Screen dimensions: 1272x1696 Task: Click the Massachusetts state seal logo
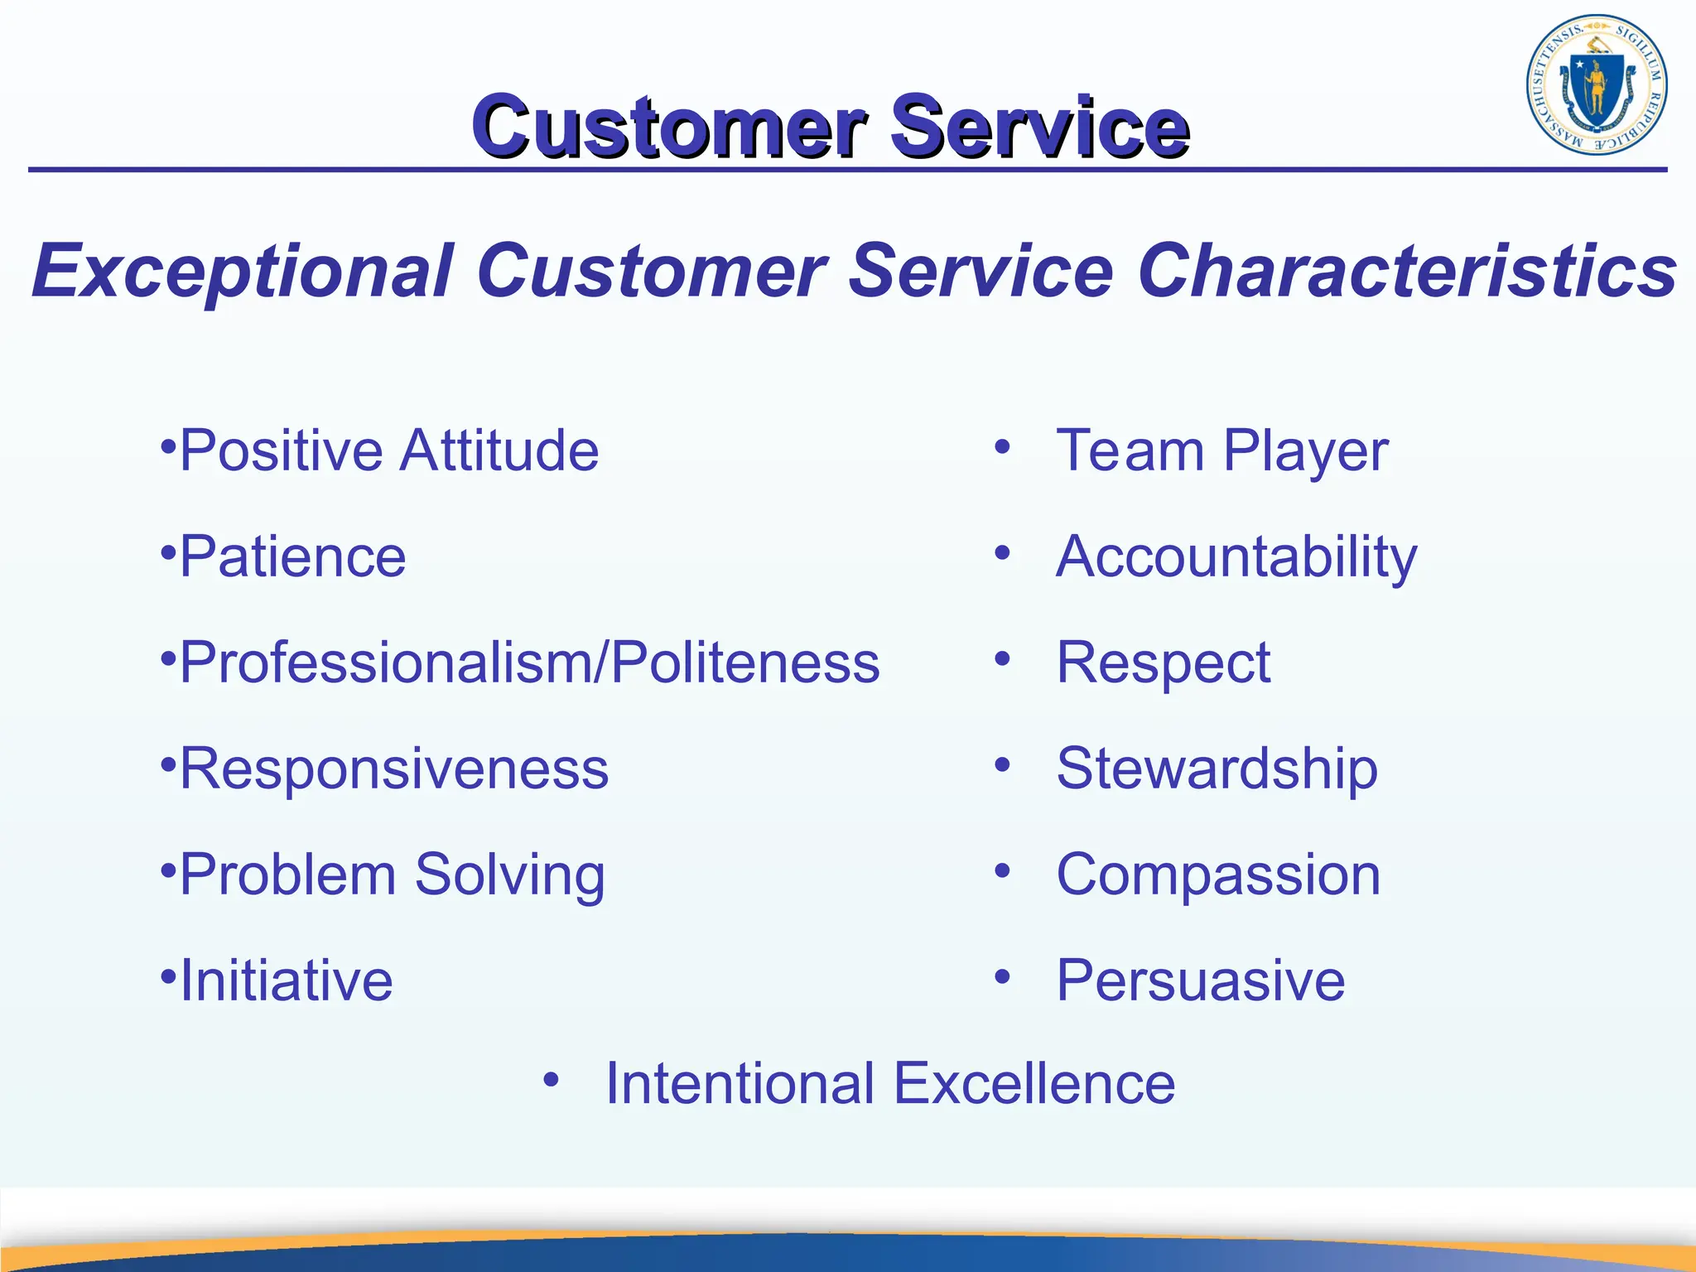[1596, 85]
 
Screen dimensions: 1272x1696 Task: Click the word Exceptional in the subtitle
[243, 271]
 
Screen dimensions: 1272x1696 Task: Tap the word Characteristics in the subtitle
[1407, 271]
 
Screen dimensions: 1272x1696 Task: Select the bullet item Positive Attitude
[388, 451]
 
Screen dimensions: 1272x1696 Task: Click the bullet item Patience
[292, 556]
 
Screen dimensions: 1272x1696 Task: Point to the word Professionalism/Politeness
[529, 662]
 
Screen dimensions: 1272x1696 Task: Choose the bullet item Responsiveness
[393, 769]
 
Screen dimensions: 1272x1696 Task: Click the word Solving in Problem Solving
[509, 875]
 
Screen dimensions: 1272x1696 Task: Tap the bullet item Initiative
[286, 980]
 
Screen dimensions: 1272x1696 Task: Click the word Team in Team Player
[1130, 451]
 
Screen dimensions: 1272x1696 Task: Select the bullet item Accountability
[1236, 556]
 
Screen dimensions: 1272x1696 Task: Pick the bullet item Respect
[1163, 662]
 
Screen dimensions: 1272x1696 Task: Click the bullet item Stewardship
[1217, 769]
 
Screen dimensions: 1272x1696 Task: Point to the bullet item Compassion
[1218, 874]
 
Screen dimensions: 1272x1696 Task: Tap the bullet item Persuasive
[1200, 980]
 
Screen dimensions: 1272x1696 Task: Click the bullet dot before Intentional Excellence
[552, 1079]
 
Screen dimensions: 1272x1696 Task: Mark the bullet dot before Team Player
[1002, 447]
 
